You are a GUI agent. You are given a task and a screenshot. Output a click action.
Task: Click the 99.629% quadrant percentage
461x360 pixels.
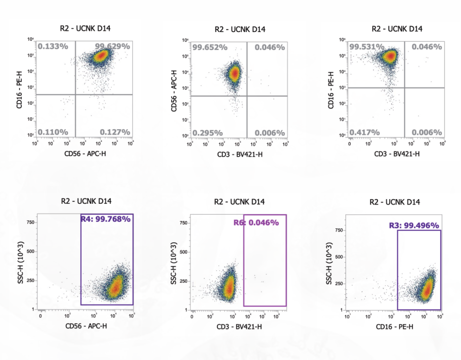click(x=112, y=46)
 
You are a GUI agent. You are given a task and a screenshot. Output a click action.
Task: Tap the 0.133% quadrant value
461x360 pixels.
click(x=53, y=46)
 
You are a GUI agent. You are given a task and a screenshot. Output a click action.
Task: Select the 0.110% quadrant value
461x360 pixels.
click(x=53, y=132)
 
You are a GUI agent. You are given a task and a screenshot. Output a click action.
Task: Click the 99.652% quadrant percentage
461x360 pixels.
click(x=210, y=47)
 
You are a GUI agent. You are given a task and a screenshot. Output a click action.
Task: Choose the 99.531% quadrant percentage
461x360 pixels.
click(x=367, y=47)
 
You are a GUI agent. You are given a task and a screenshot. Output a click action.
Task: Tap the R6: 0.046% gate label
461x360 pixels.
click(x=256, y=223)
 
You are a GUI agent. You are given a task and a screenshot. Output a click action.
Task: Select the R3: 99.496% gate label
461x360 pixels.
click(x=414, y=226)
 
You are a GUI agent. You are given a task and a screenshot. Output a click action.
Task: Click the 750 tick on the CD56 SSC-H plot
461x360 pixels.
click(x=31, y=222)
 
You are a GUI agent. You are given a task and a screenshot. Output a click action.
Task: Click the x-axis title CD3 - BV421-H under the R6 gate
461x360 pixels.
click(x=239, y=327)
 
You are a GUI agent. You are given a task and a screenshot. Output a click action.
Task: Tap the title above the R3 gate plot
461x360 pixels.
click(x=395, y=202)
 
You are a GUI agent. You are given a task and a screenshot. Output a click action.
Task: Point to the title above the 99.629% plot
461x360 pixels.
click(x=85, y=28)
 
